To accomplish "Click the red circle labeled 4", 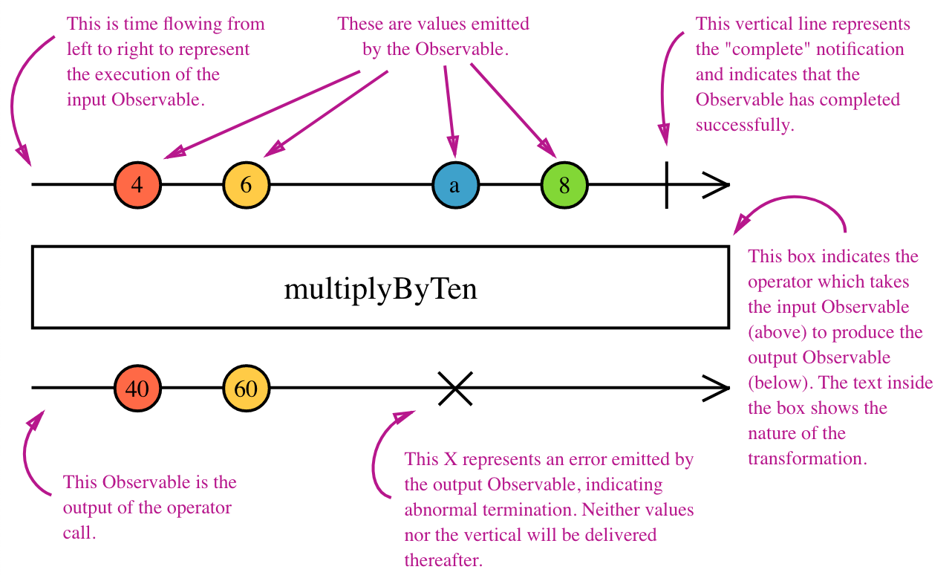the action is point(137,185).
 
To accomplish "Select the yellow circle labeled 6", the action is point(247,185).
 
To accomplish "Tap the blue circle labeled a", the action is point(456,185).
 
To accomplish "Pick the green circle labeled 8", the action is point(564,185).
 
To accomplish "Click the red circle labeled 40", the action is point(137,388).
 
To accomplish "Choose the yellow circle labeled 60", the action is point(247,388).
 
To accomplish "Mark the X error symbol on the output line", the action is point(455,389).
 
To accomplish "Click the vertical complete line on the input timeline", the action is point(666,185).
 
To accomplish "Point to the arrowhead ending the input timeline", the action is point(717,185).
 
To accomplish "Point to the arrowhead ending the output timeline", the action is point(717,388).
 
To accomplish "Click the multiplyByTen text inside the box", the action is point(380,290).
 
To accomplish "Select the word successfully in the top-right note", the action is point(745,125).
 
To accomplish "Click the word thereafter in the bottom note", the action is point(443,560).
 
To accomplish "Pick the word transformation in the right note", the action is point(807,458).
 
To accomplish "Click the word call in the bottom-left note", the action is point(79,533).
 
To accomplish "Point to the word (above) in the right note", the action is point(777,332).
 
